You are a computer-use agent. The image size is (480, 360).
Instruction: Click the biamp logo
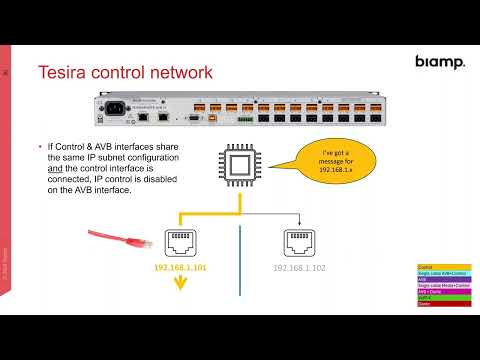[439, 62]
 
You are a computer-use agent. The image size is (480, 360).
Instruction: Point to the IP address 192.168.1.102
[304, 269]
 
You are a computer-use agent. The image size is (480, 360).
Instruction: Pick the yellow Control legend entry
[436, 267]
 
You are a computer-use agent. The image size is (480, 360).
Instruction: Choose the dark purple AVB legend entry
[436, 279]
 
